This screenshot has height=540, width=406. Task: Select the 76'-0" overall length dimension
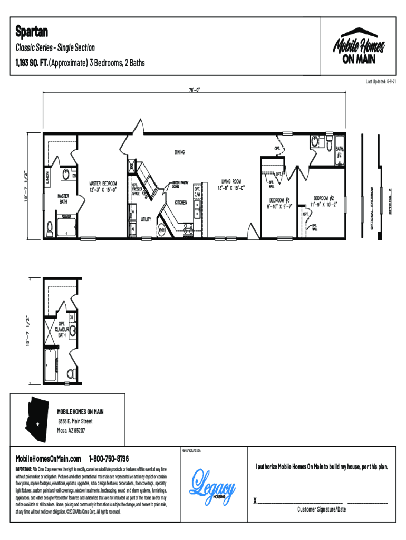click(194, 90)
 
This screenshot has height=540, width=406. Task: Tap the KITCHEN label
click(181, 202)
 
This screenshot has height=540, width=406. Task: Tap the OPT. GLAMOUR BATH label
click(58, 329)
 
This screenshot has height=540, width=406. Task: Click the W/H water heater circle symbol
click(162, 230)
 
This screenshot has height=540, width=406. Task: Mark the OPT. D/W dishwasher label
click(197, 191)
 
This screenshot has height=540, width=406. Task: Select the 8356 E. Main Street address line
click(75, 421)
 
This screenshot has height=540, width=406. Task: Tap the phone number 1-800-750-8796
click(109, 458)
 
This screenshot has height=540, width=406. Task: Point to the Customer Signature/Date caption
click(321, 509)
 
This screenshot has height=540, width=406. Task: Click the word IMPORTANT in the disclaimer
click(24, 469)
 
